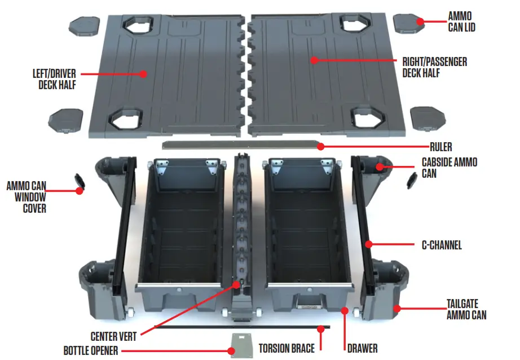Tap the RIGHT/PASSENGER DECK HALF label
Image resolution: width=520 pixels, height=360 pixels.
click(434, 66)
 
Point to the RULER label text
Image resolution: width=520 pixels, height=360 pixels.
click(440, 147)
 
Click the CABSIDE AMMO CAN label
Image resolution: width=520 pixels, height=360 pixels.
click(449, 168)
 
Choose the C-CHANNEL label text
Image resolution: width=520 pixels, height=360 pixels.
click(442, 245)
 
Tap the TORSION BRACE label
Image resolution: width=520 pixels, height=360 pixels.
click(287, 348)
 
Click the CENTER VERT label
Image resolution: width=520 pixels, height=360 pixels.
click(113, 336)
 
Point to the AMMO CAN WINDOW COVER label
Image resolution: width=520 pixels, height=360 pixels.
click(27, 197)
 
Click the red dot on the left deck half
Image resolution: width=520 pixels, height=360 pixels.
click(143, 73)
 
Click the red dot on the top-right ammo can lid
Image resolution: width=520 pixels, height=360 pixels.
click(419, 21)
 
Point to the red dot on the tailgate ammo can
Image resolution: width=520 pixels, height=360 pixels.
click(396, 308)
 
